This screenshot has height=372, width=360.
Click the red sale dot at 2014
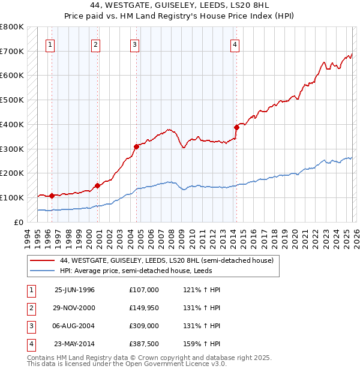236,127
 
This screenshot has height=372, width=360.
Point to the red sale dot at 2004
136,146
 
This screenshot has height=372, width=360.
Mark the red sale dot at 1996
52,196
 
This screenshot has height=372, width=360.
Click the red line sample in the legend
41,260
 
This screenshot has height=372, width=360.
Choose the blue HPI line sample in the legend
41,271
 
